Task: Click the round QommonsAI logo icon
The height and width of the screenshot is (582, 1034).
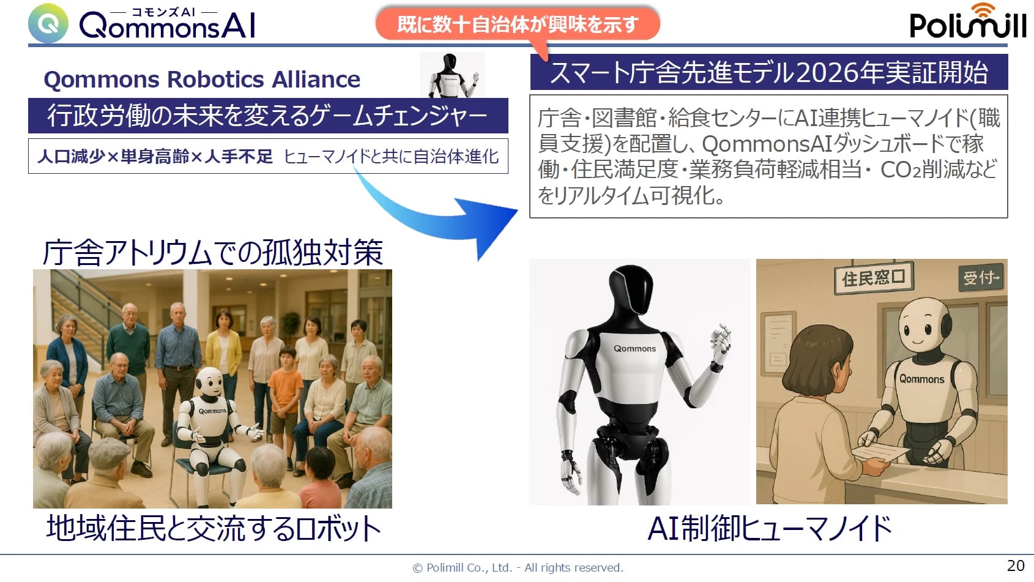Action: (48, 23)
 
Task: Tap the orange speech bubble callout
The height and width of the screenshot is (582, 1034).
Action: (518, 24)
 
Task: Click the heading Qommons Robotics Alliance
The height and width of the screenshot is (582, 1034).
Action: (202, 80)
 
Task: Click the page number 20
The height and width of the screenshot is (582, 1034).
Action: (1016, 565)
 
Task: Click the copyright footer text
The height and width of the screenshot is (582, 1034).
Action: (518, 567)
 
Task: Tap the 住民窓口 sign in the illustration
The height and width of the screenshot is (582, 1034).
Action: (873, 278)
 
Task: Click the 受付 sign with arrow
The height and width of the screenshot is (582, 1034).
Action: (981, 278)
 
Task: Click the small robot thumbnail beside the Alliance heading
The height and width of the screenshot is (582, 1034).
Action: (452, 75)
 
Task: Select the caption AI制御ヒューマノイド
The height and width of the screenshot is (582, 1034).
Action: (770, 528)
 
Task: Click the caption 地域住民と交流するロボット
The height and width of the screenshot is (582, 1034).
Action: (214, 528)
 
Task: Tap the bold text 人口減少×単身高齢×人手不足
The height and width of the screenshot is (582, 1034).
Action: (155, 157)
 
